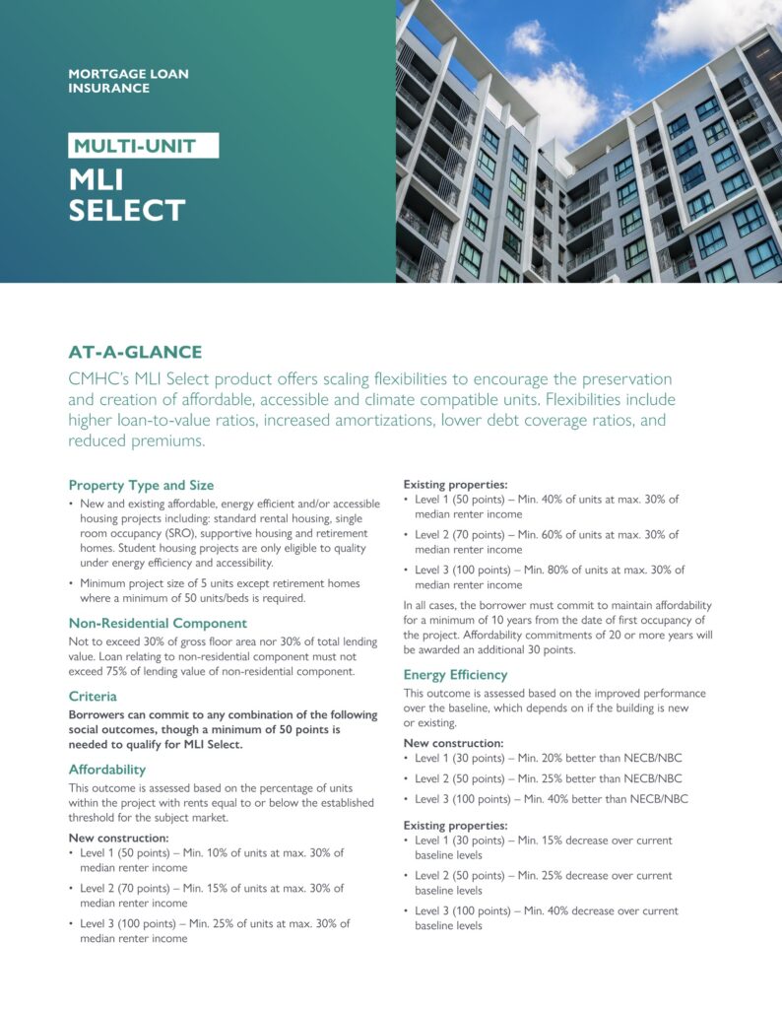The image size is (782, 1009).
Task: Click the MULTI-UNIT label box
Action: point(143,147)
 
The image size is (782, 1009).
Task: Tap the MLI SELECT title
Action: point(126,195)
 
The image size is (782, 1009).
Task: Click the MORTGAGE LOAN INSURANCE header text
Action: point(128,81)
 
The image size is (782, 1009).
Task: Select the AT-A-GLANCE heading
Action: point(135,353)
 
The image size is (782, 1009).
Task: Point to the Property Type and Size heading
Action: point(141,485)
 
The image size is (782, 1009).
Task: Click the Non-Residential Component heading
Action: point(158,623)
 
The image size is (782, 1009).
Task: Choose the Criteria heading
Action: point(93,696)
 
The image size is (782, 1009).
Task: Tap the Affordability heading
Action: point(107,769)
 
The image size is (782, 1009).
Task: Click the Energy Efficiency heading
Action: point(455,675)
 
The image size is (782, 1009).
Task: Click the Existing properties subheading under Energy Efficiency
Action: point(455,825)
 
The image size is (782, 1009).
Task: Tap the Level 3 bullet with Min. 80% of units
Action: point(550,577)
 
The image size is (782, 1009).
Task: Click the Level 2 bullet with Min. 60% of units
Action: point(550,542)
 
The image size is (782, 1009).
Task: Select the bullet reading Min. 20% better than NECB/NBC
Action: point(550,758)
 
